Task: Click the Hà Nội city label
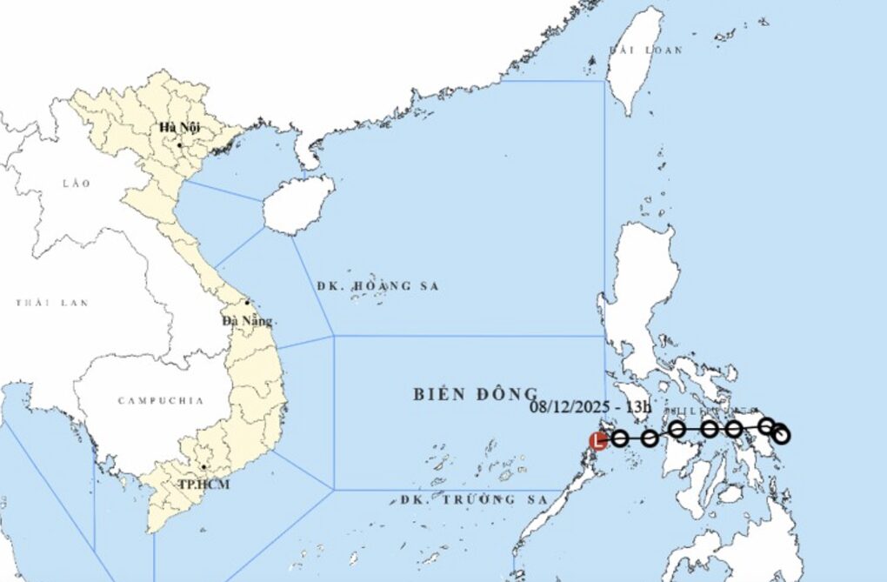[x=179, y=127]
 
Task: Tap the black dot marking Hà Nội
[x=180, y=144]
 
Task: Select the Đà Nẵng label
[x=247, y=321]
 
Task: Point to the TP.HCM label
[x=203, y=484]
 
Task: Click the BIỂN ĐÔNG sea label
[x=475, y=393]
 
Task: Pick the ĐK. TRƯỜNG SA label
[x=475, y=500]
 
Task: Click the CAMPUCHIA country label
[x=161, y=401]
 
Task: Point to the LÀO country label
[x=77, y=184]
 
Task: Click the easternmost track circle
[x=781, y=434]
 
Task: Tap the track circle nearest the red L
[x=619, y=438]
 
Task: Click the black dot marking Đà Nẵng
[x=248, y=304]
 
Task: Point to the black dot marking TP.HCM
[x=203, y=467]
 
